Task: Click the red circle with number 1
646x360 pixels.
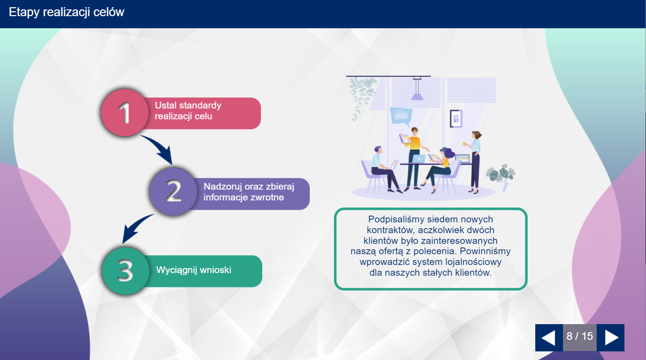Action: click(125, 113)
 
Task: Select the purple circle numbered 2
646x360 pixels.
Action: click(173, 191)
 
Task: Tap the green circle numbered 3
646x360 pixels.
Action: click(126, 271)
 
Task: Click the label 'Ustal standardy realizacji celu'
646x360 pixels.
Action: click(188, 111)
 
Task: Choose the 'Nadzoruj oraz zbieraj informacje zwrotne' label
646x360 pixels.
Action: click(249, 192)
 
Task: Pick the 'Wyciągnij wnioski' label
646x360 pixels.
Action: click(194, 270)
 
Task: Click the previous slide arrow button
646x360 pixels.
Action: click(549, 338)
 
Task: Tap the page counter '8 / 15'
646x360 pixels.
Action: click(580, 336)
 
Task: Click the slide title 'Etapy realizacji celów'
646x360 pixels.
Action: click(67, 12)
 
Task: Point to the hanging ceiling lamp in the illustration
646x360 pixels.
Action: click(417, 89)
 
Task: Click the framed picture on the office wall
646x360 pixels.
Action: click(456, 118)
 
